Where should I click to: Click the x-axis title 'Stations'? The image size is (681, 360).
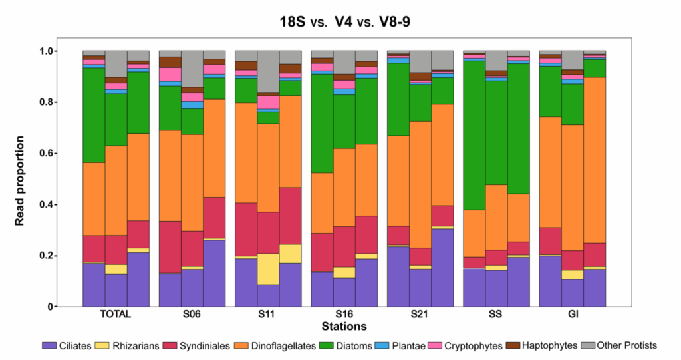[x=341, y=326]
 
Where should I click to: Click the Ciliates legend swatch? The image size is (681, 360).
[x=49, y=345]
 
